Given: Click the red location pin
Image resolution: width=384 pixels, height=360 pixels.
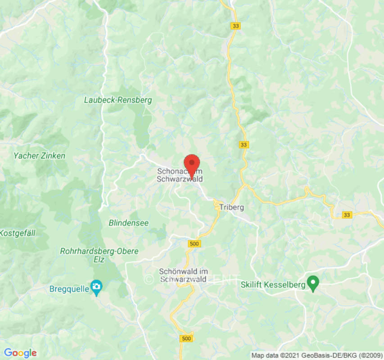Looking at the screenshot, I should click(192, 163).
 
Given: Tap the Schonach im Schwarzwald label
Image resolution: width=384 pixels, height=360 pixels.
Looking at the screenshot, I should click(180, 175).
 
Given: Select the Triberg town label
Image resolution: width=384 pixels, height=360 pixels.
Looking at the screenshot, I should click(233, 207).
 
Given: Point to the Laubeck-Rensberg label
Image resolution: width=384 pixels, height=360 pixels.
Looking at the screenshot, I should click(118, 100).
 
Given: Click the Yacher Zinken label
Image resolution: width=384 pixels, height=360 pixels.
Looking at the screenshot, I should click(39, 156).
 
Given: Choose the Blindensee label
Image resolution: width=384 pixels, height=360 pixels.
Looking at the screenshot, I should click(129, 223).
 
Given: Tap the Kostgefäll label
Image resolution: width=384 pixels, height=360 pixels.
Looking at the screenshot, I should click(18, 233).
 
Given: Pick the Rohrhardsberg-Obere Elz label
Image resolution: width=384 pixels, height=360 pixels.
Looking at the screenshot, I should click(99, 256).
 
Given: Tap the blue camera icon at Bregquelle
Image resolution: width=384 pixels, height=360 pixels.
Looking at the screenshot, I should click(96, 286).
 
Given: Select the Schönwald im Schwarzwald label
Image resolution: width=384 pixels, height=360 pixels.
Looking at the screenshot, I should click(183, 275).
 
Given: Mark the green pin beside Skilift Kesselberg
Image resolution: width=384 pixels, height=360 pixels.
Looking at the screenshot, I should click(313, 283).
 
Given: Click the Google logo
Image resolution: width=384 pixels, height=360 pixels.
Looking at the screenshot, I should click(20, 353).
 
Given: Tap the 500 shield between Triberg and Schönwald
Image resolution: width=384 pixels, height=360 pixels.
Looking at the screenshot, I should click(194, 243).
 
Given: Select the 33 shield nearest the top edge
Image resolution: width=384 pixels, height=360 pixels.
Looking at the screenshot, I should click(235, 26).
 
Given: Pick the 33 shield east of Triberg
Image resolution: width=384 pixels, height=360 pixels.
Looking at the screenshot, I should click(346, 215).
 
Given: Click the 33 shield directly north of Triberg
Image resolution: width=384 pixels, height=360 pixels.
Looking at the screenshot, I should click(244, 144).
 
